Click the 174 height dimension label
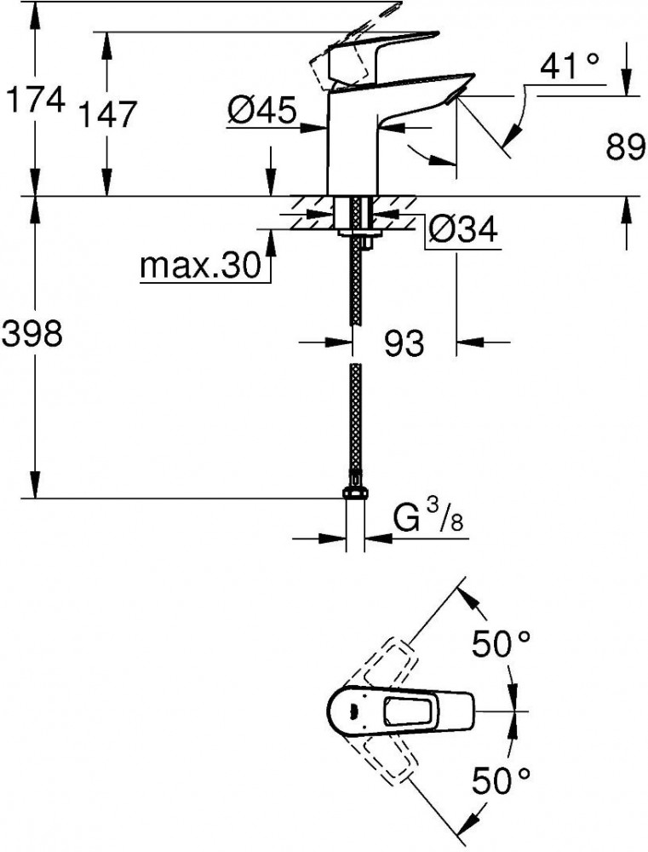click(x=35, y=99)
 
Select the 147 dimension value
click(x=107, y=114)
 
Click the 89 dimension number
click(x=626, y=147)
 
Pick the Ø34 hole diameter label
click(x=462, y=228)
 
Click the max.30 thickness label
click(x=201, y=266)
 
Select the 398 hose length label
click(x=32, y=333)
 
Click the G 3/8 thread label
click(x=427, y=518)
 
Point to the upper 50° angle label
click(x=500, y=644)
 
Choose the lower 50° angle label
click(x=500, y=780)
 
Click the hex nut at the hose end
click(x=355, y=492)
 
